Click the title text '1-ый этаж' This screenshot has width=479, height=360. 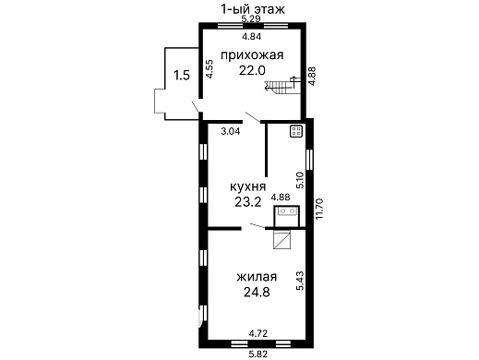click(x=253, y=9)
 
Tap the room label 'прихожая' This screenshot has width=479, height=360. click(x=252, y=55)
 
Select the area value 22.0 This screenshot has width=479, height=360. click(x=252, y=71)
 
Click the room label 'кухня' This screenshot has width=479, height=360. click(x=248, y=186)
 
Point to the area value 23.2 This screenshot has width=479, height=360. click(x=248, y=202)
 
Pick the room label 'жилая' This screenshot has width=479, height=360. click(x=257, y=277)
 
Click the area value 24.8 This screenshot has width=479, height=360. click(x=257, y=292)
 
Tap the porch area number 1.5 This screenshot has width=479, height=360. click(x=182, y=76)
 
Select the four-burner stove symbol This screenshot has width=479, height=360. click(x=297, y=131)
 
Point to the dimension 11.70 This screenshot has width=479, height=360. click(x=320, y=209)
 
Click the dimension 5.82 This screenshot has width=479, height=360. click(x=257, y=354)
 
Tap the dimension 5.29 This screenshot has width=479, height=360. click(x=251, y=18)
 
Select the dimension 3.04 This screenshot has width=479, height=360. click(x=231, y=131)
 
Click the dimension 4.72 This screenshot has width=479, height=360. click(x=258, y=333)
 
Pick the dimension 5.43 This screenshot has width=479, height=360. click(x=300, y=281)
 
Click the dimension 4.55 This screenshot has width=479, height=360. click(x=210, y=68)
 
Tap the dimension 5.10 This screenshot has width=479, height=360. click(x=300, y=180)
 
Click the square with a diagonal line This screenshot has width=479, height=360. click(x=282, y=239)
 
